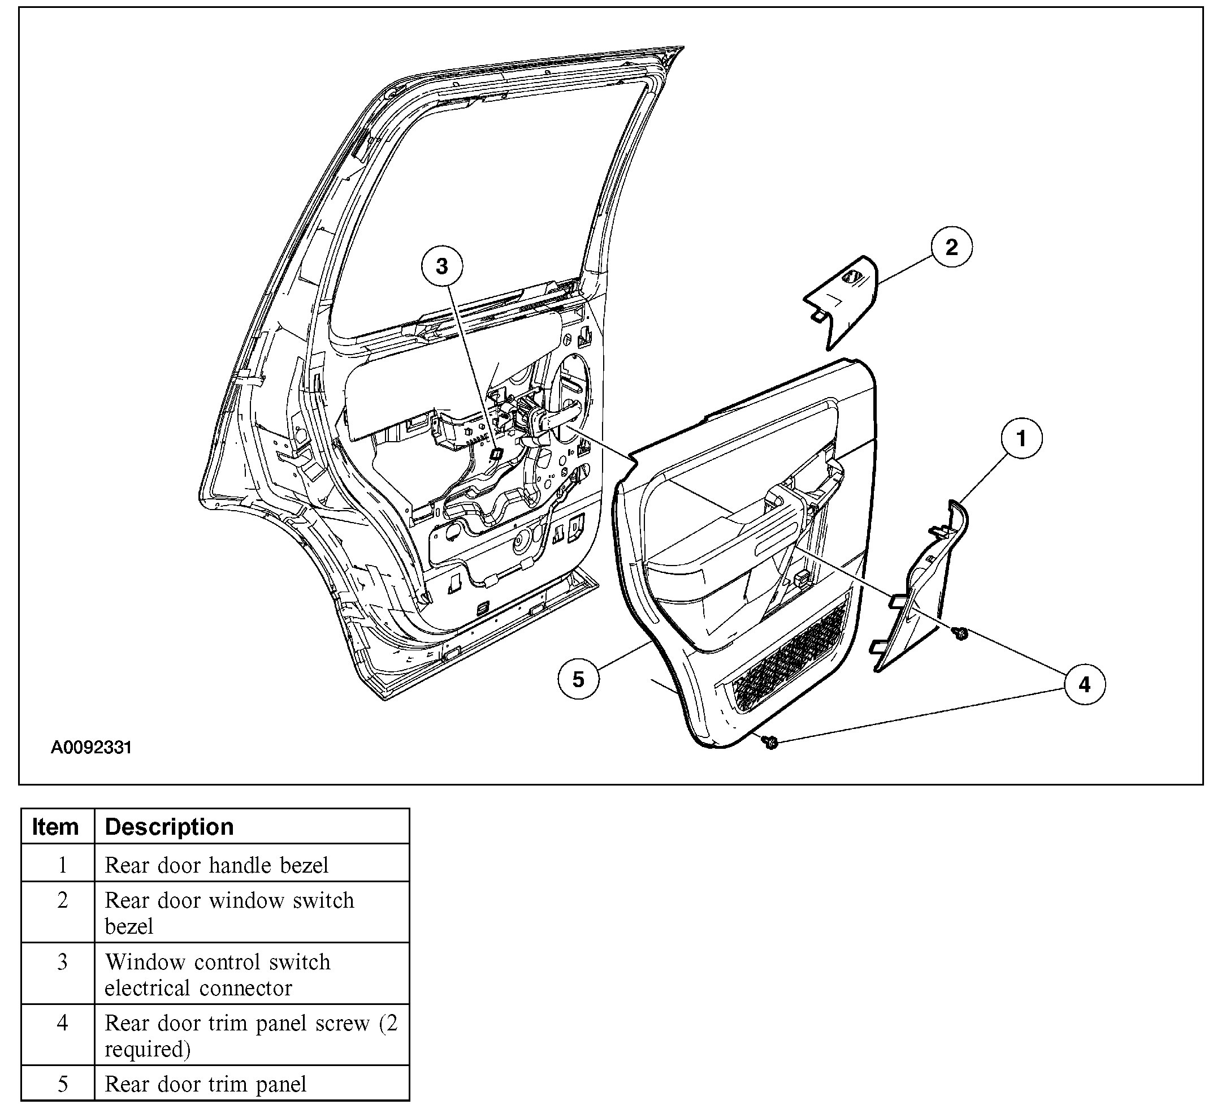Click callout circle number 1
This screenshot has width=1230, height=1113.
[x=1021, y=438]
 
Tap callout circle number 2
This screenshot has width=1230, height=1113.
[x=951, y=247]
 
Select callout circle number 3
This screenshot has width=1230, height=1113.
[x=441, y=266]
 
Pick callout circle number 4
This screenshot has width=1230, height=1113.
[x=1084, y=684]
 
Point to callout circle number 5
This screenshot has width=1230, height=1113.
[x=578, y=679]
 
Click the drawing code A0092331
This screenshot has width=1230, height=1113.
[x=91, y=747]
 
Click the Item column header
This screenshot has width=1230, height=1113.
[x=56, y=827]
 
